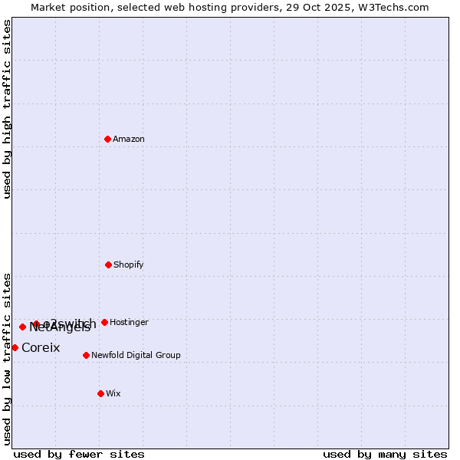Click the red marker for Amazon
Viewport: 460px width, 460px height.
point(108,139)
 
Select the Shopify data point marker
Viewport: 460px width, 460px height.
point(108,264)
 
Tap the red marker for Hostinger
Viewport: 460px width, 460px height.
point(104,322)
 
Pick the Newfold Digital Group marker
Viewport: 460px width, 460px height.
point(86,355)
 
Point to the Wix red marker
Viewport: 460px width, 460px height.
point(100,393)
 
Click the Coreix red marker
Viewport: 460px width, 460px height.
point(15,347)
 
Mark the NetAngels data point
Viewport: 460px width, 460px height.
point(22,327)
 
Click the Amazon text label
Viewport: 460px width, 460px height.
point(129,140)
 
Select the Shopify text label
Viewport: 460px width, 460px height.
point(129,265)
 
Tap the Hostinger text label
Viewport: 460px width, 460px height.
point(129,323)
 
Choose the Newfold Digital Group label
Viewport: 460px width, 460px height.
point(136,356)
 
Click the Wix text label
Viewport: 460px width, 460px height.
point(113,394)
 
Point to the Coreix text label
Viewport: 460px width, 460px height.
point(41,348)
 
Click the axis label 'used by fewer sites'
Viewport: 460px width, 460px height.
point(79,454)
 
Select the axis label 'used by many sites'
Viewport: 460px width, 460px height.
point(385,454)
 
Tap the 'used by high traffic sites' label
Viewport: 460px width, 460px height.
point(7,109)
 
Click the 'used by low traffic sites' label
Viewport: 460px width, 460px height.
point(7,359)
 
